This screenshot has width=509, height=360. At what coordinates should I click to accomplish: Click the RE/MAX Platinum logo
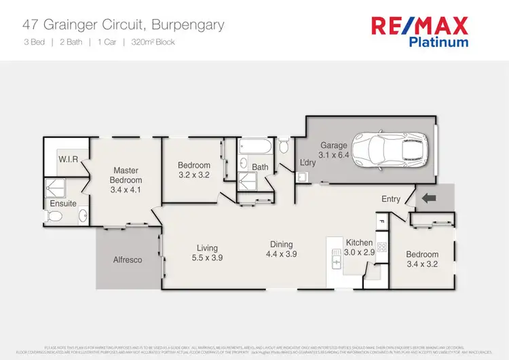coord(419,31)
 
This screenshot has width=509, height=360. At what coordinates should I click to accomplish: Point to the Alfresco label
coord(128,259)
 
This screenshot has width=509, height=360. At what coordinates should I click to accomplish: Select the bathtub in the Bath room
coord(256,146)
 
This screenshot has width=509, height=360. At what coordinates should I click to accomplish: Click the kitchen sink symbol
coord(336,258)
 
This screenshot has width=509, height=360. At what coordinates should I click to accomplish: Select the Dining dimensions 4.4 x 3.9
coord(282,255)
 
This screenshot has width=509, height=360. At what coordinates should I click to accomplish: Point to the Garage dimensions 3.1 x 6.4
coord(334,156)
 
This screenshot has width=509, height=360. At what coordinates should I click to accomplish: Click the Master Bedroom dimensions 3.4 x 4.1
coord(126,190)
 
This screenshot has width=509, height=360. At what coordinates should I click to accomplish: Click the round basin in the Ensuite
coord(82,217)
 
